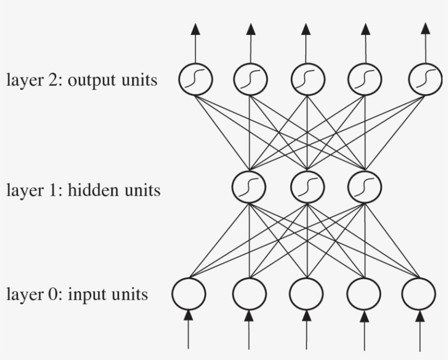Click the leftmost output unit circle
196,80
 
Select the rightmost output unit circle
425,80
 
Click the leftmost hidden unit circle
249,186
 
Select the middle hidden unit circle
307,186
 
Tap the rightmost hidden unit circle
364,186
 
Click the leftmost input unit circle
189,293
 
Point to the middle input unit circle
306,293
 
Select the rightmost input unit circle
418,293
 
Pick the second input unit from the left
249,293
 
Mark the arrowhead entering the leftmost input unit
189,315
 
